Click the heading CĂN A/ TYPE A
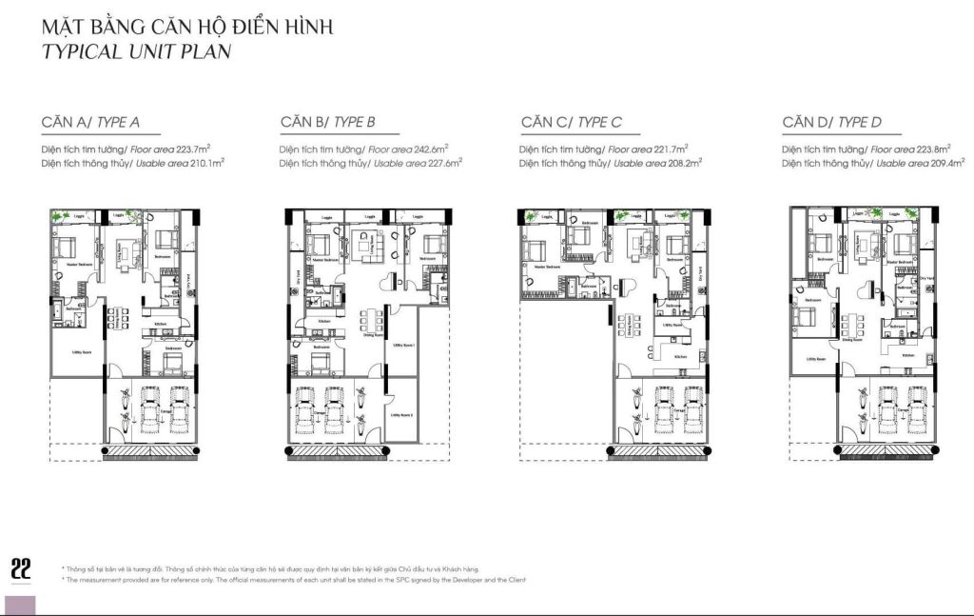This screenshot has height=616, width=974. (90, 122)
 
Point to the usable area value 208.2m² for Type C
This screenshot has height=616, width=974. (683, 164)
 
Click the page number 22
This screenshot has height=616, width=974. (21, 568)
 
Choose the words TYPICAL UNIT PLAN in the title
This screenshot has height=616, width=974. (136, 50)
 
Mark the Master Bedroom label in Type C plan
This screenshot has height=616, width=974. (546, 268)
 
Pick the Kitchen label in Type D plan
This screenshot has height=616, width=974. (908, 355)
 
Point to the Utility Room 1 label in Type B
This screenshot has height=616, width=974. (403, 346)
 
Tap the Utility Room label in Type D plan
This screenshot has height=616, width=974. (814, 359)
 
